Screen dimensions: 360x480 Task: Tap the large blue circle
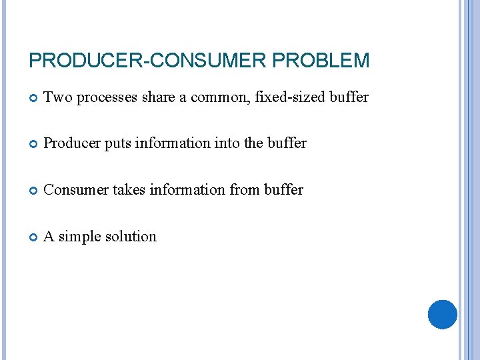point(442,315)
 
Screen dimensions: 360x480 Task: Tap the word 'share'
point(157,97)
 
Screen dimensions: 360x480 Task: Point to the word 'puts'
point(117,144)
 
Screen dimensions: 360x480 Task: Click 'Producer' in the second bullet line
point(71,143)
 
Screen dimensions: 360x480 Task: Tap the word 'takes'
point(129,190)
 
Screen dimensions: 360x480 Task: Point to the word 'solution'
point(132,237)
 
